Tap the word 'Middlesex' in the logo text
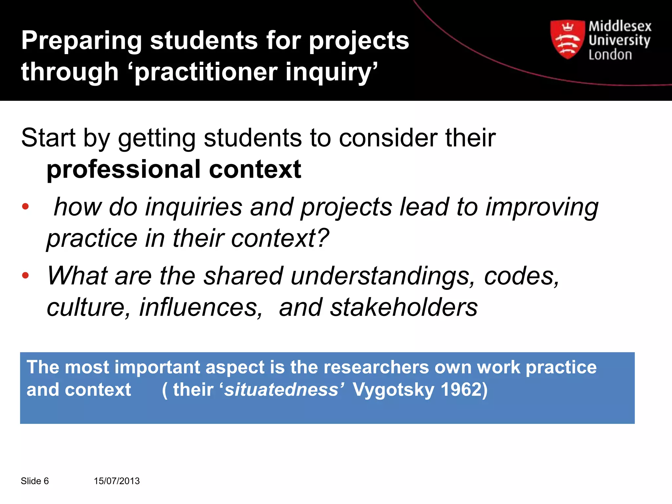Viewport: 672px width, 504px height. point(619,26)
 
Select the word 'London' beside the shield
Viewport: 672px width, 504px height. point(610,55)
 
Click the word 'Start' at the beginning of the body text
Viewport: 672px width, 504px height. point(48,138)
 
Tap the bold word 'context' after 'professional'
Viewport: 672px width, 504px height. point(255,170)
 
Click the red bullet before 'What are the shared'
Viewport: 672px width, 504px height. point(25,275)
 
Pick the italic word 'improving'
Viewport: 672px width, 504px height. point(542,207)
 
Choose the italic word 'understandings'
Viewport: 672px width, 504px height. point(383,276)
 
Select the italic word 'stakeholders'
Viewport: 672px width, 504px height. point(404,307)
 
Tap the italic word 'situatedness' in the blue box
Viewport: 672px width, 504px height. point(281,390)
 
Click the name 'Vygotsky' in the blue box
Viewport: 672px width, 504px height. point(393,390)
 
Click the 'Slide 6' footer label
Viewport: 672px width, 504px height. point(35,481)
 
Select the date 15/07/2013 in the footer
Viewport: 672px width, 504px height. point(117,481)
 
